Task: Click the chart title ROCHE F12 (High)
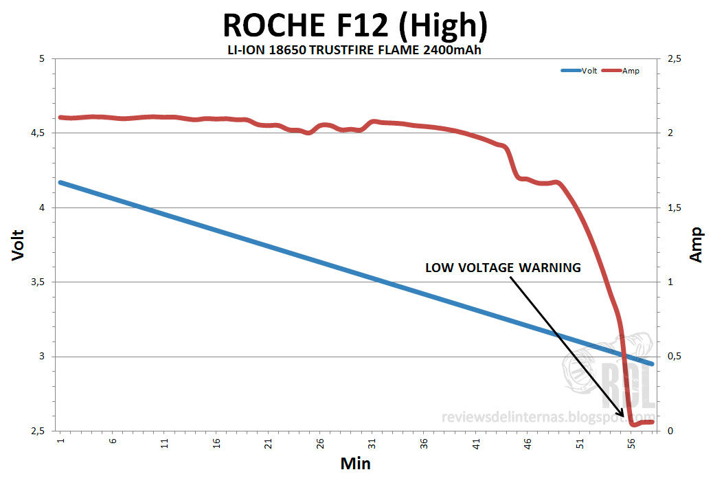pyautogui.click(x=355, y=26)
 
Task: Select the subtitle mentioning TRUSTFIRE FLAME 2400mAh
pyautogui.click(x=355, y=50)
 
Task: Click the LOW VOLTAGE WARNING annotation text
pyautogui.click(x=503, y=268)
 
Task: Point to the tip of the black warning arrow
pyautogui.click(x=626, y=418)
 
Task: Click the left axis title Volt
pyautogui.click(x=19, y=245)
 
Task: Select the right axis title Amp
pyautogui.click(x=695, y=245)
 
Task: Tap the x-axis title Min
pyautogui.click(x=355, y=463)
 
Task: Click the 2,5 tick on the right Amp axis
pyautogui.click(x=675, y=58)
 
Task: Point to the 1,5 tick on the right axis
pyautogui.click(x=675, y=207)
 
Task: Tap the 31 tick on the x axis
pyautogui.click(x=372, y=442)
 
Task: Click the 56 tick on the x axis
pyautogui.click(x=632, y=442)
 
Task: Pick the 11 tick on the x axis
pyautogui.click(x=164, y=442)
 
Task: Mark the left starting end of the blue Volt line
pyautogui.click(x=60, y=182)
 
